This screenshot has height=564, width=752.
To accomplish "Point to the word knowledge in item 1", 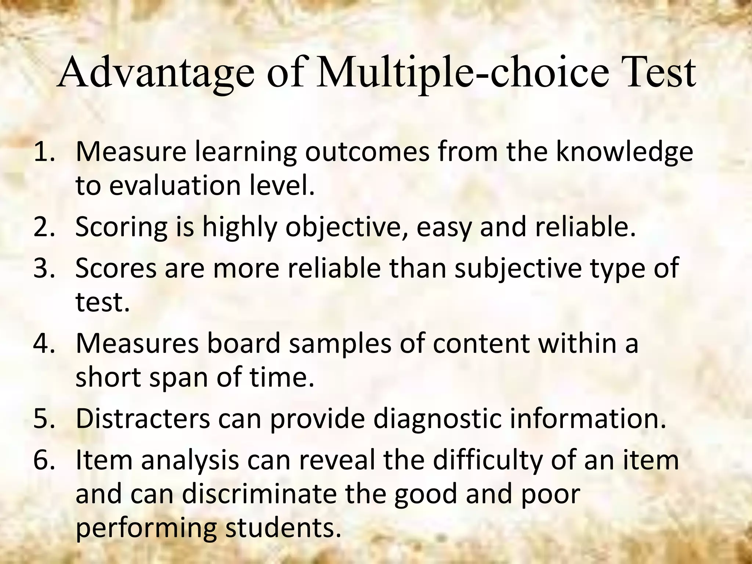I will click(x=624, y=152).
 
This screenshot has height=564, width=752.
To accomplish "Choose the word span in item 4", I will click(x=180, y=377).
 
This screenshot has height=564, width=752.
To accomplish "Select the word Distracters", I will click(x=143, y=419).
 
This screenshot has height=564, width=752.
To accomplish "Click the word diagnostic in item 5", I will click(x=437, y=419).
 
